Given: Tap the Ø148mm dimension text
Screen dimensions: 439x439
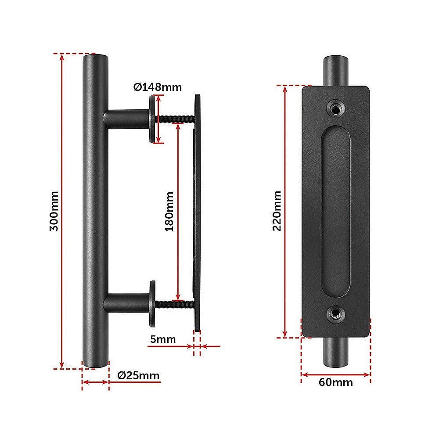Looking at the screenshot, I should (157, 87).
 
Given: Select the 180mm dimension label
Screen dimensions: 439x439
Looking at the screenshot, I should (169, 212).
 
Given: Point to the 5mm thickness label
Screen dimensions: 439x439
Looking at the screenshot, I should (163, 339).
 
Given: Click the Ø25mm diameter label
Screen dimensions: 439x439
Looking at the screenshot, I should (138, 375).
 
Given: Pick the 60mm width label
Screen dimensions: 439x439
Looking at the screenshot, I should (335, 382).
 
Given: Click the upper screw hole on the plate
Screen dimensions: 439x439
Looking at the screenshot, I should (335, 108).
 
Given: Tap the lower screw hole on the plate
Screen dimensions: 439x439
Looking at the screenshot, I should (335, 313).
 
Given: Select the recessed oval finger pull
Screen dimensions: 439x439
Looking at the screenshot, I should (336, 211).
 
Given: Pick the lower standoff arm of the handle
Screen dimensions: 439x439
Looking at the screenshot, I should (125, 303).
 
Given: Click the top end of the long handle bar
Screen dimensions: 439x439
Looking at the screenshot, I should (95, 59).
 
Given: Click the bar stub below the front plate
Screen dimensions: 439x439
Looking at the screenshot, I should (336, 353).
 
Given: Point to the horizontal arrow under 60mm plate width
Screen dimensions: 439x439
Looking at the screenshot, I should (336, 374).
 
